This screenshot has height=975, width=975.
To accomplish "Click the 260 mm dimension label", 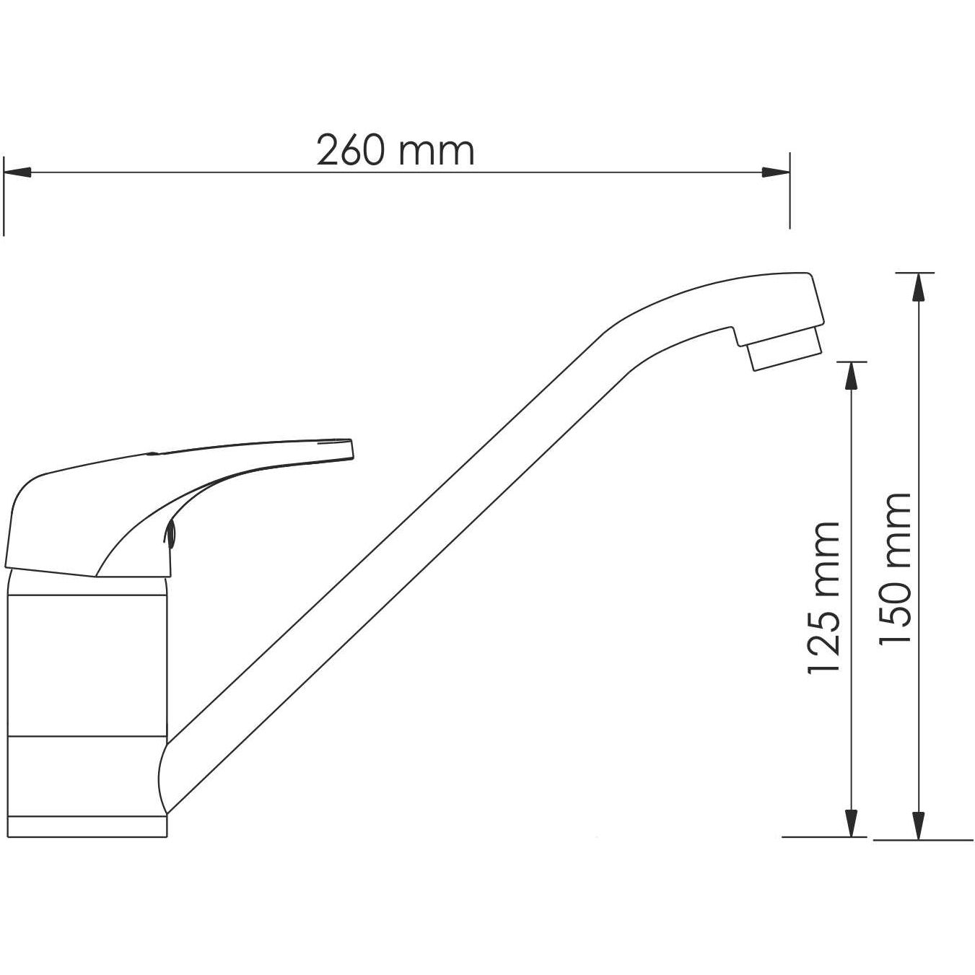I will [395, 151].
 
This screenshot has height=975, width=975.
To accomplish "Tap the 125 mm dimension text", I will [823, 598].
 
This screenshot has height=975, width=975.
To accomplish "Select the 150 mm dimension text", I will [896, 569].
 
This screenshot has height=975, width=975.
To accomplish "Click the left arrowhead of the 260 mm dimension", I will [17, 172].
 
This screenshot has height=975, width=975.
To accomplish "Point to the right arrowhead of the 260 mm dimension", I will [776, 172].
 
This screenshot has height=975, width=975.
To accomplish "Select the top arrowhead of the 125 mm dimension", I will [852, 375].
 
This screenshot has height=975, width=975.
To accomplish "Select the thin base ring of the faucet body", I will [87, 826].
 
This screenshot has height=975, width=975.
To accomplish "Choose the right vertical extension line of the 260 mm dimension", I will [790, 191].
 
